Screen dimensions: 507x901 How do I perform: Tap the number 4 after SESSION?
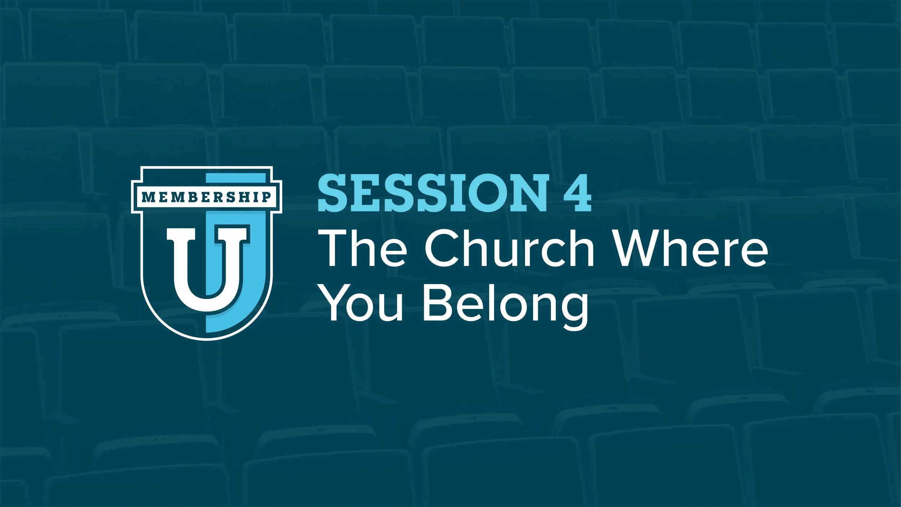pos(574,193)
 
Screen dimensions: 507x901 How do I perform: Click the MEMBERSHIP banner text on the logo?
pos(206,197)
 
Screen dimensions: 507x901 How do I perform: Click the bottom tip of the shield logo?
pos(206,339)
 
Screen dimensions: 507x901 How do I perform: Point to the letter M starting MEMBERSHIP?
pos(147,197)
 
